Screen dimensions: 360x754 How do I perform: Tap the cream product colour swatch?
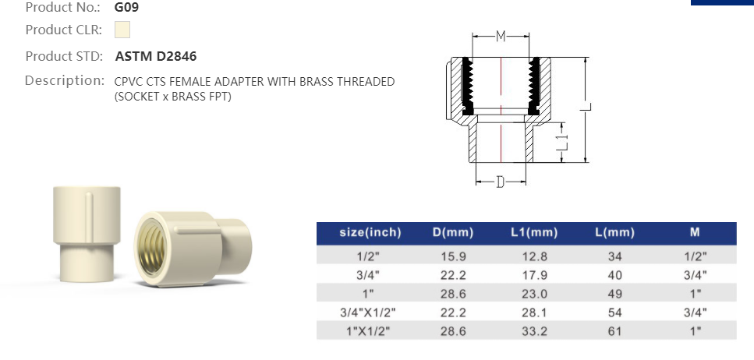(x=122, y=30)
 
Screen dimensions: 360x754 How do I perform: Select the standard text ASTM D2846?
(x=156, y=56)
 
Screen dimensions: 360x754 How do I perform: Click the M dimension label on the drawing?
(x=501, y=36)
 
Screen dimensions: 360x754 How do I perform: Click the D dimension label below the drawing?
(x=501, y=182)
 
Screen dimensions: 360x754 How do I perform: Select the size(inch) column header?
(x=370, y=232)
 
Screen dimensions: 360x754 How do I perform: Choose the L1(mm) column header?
(x=534, y=232)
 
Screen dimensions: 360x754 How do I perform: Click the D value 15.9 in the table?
(x=452, y=256)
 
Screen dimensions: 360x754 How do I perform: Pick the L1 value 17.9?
(x=534, y=275)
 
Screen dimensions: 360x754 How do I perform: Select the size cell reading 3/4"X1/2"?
(x=370, y=313)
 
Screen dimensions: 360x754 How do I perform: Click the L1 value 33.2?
(x=534, y=332)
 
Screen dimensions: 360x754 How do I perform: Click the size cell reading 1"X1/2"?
(x=370, y=332)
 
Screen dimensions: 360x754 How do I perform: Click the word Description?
(x=65, y=80)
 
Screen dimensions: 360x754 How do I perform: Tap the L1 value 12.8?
(x=534, y=256)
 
